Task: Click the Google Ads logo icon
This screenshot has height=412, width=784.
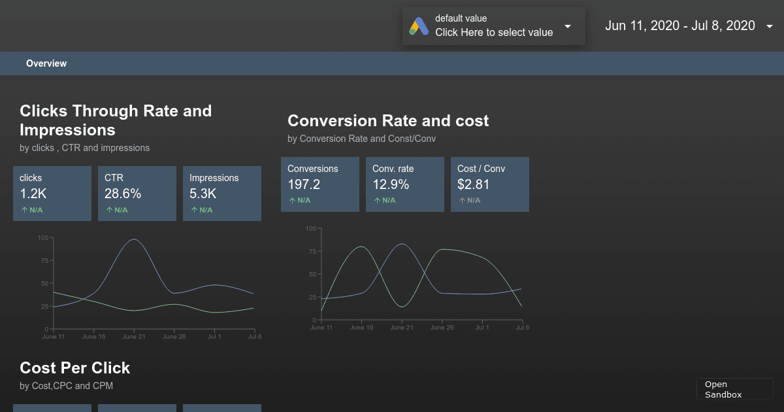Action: pos(419,26)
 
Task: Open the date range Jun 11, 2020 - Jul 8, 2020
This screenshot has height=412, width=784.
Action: pos(679,26)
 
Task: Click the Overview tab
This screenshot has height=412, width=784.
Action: pos(46,63)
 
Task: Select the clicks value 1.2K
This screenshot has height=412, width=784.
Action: pos(33,194)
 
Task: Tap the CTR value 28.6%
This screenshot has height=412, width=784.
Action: pos(123,194)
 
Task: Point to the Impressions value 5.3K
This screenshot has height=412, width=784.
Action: pos(203,194)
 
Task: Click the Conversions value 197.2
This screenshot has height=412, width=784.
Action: pos(304,184)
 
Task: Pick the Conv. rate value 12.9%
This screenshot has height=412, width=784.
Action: pos(391,184)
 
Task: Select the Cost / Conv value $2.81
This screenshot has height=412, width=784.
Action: pos(474,184)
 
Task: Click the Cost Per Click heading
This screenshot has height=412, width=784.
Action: pos(75,368)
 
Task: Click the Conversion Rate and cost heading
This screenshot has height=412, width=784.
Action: pos(388,121)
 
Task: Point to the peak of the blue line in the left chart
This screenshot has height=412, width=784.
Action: pos(134,239)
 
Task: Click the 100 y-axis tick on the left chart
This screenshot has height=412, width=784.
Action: pos(44,237)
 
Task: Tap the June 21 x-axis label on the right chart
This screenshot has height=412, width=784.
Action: pos(402,328)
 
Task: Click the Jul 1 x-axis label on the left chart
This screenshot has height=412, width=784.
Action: pos(214,337)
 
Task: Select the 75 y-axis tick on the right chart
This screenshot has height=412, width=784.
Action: pos(312,251)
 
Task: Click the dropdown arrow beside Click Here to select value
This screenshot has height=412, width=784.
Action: pos(568,26)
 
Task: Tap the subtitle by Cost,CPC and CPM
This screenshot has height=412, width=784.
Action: pos(67,386)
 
